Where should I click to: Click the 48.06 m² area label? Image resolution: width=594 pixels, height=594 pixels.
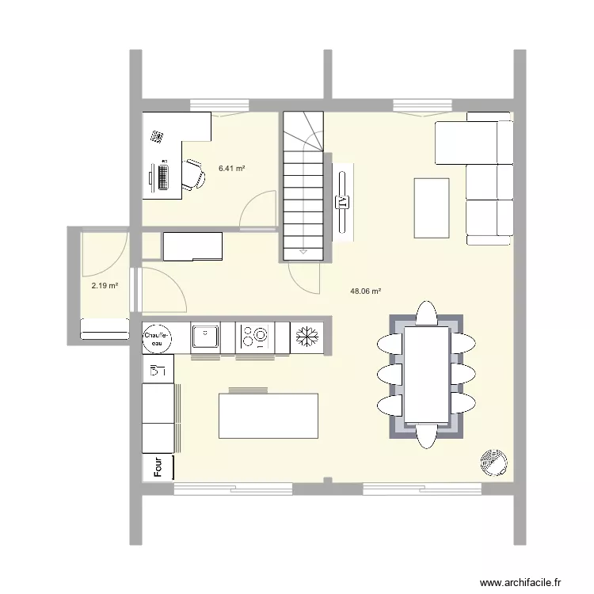pos(365,291)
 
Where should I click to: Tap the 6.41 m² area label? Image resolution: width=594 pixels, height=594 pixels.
pos(231,169)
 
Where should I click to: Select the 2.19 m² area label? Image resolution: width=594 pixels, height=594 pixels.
pos(105,286)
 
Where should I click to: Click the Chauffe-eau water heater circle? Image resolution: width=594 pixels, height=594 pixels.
pos(158,338)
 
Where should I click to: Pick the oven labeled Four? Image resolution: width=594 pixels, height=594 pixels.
pos(158,467)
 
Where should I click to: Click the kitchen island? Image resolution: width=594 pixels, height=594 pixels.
pos(268,416)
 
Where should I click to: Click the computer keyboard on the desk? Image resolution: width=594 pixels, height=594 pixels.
pos(164,175)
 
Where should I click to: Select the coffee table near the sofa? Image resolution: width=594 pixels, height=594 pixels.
pos(432,208)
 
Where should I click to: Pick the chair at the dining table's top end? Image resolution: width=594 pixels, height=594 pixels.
pos(426,314)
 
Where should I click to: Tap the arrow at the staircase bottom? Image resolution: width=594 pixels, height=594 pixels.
pos(303,251)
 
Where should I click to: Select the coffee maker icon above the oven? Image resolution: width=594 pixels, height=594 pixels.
pos(157,369)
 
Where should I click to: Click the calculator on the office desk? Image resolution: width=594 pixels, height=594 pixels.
pos(158,137)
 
